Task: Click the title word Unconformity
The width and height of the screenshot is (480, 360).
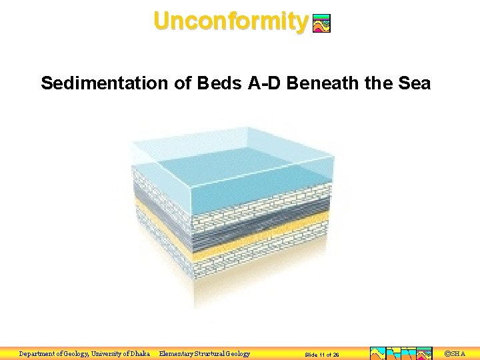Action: click(x=230, y=21)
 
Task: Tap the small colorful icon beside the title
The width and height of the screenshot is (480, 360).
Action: click(x=321, y=24)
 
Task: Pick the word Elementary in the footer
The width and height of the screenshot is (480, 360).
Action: click(x=177, y=354)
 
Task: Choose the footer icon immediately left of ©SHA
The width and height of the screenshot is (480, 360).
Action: click(x=424, y=354)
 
